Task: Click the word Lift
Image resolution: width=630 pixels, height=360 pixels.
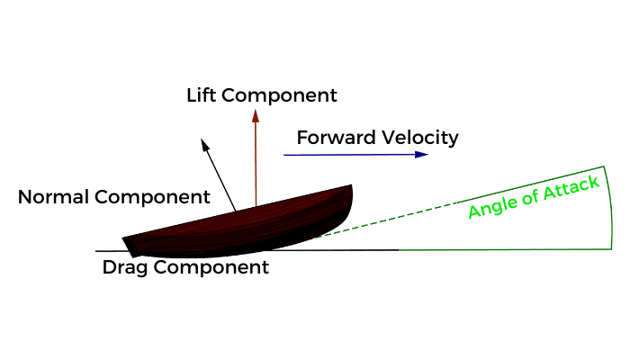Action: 203,94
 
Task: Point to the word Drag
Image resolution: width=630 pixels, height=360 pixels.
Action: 122,267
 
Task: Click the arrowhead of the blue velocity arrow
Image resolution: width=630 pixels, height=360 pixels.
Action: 422,155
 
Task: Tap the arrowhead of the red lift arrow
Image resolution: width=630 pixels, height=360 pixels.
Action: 256,115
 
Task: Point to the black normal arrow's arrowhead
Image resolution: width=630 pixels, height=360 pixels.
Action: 204,144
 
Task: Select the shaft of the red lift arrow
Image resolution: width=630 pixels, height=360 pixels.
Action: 256,162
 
